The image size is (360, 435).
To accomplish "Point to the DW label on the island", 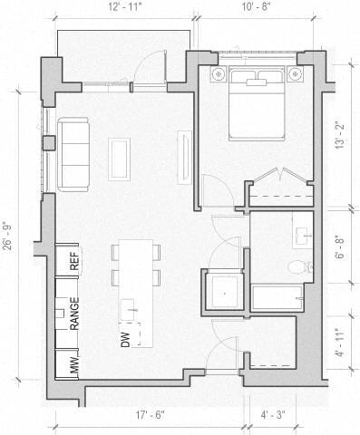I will tap(125, 340).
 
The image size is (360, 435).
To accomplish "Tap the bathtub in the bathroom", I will tap(280, 298).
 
